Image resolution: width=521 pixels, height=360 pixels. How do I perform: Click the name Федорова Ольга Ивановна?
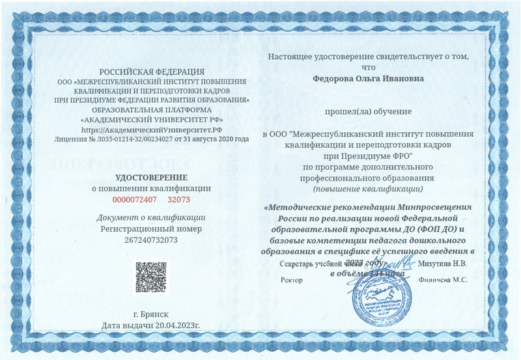tap(369, 78)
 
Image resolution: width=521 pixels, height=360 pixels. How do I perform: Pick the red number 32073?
tap(178, 199)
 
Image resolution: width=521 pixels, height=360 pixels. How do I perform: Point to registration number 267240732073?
tap(151, 240)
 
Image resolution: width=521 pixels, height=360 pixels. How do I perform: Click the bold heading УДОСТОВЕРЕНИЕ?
tap(151, 177)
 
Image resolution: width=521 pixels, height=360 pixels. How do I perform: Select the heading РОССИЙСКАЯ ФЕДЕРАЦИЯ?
tap(151, 71)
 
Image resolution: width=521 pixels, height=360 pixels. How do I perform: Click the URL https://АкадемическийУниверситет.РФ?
tap(151, 130)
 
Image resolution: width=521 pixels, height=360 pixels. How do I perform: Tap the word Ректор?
tap(291, 280)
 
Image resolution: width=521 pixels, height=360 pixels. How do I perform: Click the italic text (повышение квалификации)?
tap(368, 188)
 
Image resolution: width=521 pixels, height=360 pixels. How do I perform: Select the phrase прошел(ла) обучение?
tap(369, 112)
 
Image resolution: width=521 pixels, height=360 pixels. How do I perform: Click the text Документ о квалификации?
tap(151, 217)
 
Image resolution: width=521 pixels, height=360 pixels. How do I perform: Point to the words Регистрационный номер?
tap(151, 228)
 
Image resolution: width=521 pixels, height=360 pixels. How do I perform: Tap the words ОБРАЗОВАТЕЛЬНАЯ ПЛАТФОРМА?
tap(151, 110)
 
